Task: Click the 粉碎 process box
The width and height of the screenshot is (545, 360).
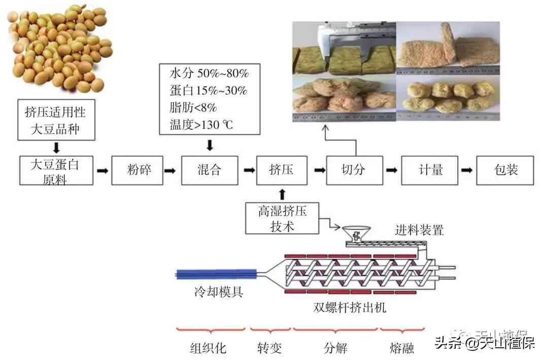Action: point(139,170)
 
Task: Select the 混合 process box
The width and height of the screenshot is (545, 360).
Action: point(209,170)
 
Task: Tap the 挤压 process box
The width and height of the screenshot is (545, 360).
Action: point(282,170)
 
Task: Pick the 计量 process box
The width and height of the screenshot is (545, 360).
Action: point(430,170)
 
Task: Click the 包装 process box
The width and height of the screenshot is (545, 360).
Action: point(505,170)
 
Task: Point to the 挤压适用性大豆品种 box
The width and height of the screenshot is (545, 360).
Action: point(55,120)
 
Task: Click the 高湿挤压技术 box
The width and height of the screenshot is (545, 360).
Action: point(282,218)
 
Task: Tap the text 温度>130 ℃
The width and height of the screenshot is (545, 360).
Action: point(201,125)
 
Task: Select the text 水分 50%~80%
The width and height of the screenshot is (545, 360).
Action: point(209,74)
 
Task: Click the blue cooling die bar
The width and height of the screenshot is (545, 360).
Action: point(216,274)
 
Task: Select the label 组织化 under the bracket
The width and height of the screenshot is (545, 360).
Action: point(208,348)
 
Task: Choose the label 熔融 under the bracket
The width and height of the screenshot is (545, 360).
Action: point(401,348)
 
